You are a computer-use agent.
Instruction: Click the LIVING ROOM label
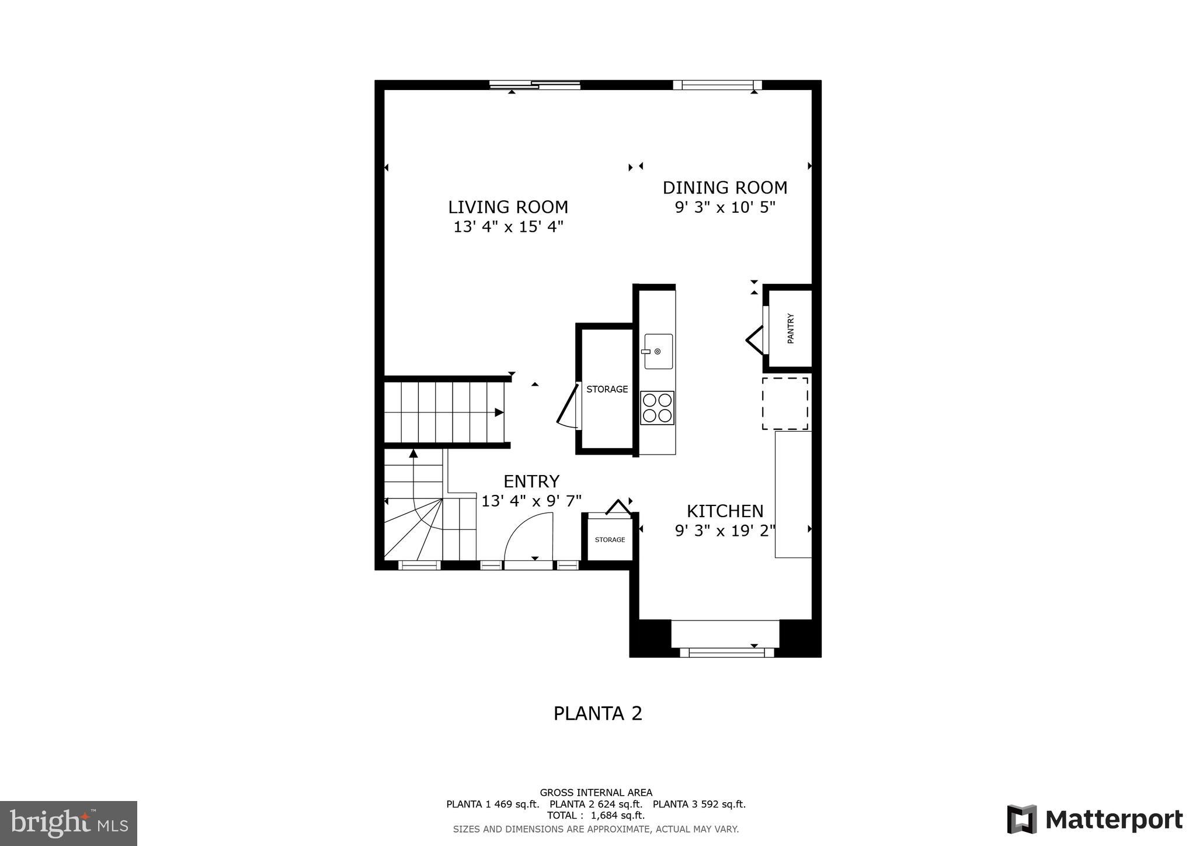click(x=507, y=207)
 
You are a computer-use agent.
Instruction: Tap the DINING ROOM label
click(x=725, y=188)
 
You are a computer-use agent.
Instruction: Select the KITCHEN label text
click(x=725, y=511)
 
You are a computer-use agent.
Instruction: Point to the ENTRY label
click(x=531, y=481)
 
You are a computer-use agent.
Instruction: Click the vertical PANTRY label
click(x=791, y=329)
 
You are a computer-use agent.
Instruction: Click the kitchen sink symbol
click(x=658, y=351)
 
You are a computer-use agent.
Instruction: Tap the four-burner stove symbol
click(x=657, y=408)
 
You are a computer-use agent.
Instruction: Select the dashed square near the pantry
click(x=785, y=403)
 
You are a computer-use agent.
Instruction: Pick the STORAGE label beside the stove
click(x=607, y=389)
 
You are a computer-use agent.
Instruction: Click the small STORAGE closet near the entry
click(x=610, y=540)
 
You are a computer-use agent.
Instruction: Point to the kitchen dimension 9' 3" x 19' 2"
click(x=725, y=531)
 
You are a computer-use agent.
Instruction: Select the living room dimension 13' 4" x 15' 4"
click(x=507, y=227)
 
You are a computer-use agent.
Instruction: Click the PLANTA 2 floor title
click(x=597, y=713)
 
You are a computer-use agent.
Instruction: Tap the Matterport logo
click(x=1094, y=819)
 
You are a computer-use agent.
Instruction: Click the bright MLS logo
click(x=68, y=824)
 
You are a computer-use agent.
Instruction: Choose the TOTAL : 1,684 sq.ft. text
click(x=596, y=815)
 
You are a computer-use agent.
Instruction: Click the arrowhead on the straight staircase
click(x=499, y=412)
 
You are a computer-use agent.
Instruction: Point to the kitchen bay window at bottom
click(x=726, y=651)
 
